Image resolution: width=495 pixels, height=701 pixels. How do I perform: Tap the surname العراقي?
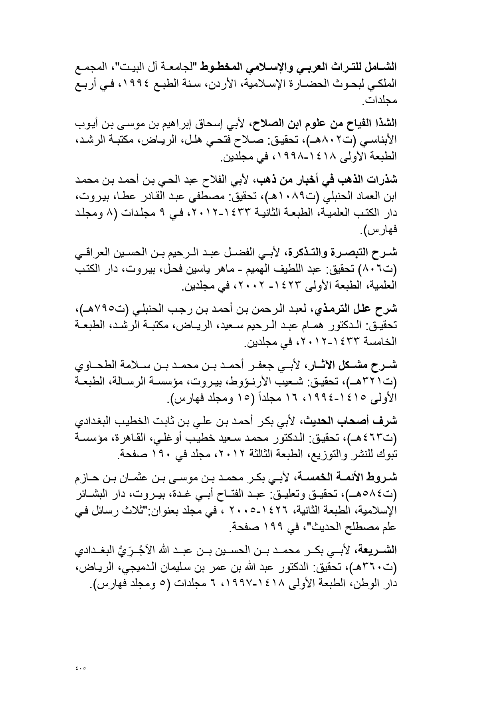pos(95,253)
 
